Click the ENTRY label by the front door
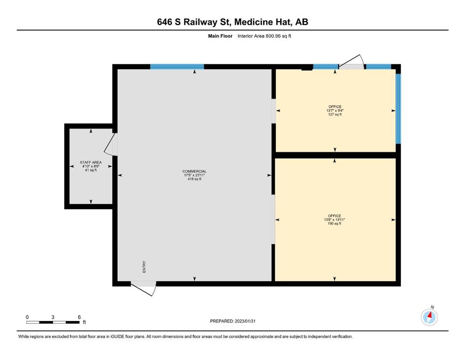click(144, 267)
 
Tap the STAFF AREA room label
click(91, 162)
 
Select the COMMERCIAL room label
click(194, 171)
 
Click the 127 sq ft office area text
click(335, 114)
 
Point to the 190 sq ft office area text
click(334, 224)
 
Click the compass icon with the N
click(429, 317)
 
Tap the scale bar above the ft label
click(53, 322)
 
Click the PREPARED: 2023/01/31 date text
click(232, 321)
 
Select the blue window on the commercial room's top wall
click(177, 67)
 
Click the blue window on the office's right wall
click(399, 109)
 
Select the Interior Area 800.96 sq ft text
click(264, 36)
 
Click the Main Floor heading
click(220, 36)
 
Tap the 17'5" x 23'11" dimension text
click(194, 175)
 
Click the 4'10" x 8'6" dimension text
click(91, 166)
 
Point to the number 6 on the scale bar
click(79, 317)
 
